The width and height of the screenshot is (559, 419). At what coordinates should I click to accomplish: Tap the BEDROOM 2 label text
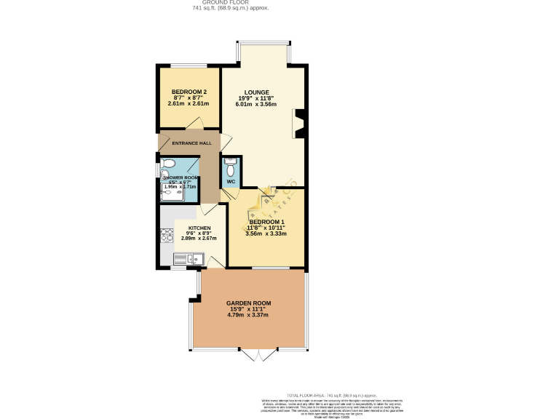click(189, 92)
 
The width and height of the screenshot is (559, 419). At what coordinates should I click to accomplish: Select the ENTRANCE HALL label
click(182, 143)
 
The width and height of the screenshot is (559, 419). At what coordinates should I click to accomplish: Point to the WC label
click(231, 181)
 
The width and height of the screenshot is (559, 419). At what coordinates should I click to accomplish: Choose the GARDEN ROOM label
click(248, 303)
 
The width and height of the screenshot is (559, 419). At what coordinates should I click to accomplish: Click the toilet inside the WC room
click(231, 164)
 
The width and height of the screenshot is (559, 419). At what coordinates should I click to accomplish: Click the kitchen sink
click(188, 258)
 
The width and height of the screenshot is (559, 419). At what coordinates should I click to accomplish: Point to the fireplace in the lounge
click(298, 123)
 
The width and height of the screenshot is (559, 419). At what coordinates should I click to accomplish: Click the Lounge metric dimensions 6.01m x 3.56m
click(255, 104)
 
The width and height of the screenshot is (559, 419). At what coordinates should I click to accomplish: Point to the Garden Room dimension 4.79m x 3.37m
click(248, 315)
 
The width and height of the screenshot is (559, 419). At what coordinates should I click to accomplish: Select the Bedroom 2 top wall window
click(189, 67)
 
